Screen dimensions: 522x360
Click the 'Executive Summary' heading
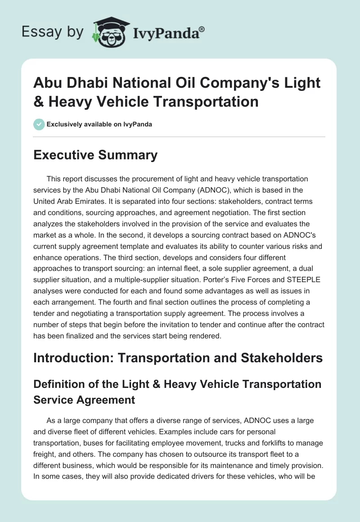click(96, 155)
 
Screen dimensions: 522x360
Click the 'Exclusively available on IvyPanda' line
click(99, 124)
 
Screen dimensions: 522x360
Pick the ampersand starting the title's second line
click(40, 101)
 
